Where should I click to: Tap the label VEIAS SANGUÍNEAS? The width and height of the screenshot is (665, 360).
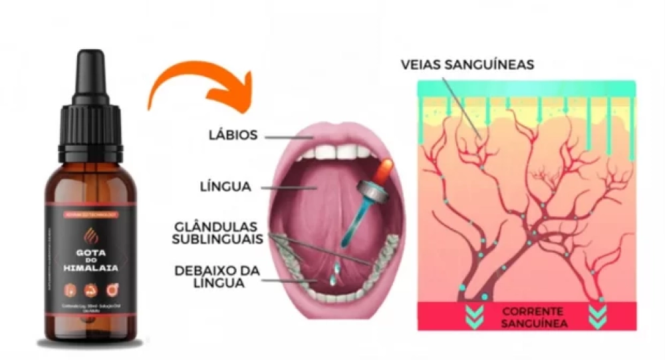click(x=467, y=65)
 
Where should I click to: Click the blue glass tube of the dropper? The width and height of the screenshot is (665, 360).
click(x=356, y=223)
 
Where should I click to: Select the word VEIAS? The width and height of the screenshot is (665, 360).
click(x=423, y=65)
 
